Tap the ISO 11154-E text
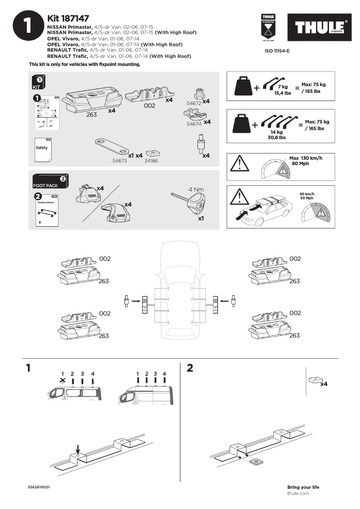[x=278, y=51]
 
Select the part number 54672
[x=193, y=103]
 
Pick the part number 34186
[x=151, y=160]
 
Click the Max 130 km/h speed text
[x=306, y=158]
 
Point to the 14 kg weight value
[x=276, y=132]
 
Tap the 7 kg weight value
[x=282, y=86]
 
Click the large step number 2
[x=189, y=368]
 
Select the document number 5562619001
[x=39, y=487]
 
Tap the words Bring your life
[x=303, y=487]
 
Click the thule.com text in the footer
[x=298, y=493]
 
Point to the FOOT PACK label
[x=45, y=185]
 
